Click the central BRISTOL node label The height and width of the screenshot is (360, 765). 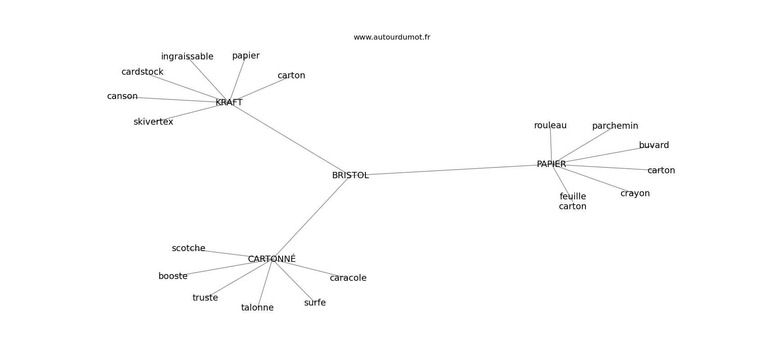350,175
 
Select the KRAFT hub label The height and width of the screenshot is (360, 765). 229,103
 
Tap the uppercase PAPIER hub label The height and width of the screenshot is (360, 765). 551,164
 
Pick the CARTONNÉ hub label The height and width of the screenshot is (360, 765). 272,259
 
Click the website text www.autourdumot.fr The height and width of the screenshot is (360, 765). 391,37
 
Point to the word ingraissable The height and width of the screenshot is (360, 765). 187,57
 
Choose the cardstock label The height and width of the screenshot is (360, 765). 142,72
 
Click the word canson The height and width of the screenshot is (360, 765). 122,96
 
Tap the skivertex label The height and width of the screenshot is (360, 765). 153,122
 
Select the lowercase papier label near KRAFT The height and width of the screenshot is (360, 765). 246,56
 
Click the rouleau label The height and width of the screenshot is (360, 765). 550,126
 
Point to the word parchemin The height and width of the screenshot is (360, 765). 615,126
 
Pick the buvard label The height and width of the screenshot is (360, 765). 654,145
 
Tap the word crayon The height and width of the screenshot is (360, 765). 635,193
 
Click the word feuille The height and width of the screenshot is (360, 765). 573,197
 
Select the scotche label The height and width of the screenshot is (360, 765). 189,248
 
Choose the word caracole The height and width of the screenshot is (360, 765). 348,278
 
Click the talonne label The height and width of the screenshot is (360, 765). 257,308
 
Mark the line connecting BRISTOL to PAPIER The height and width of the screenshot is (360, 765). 450,170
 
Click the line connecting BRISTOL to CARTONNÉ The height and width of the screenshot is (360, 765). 310,218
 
